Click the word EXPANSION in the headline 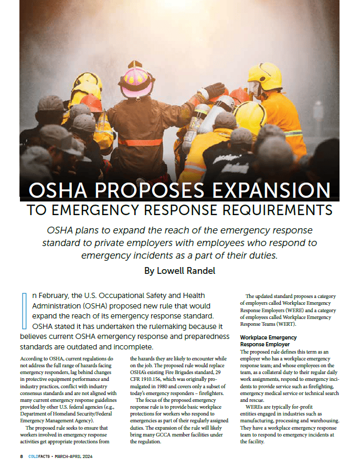click(x=270, y=190)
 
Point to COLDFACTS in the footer click(x=40, y=457)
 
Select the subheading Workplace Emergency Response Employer click(x=268, y=341)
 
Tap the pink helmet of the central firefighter click(x=136, y=79)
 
